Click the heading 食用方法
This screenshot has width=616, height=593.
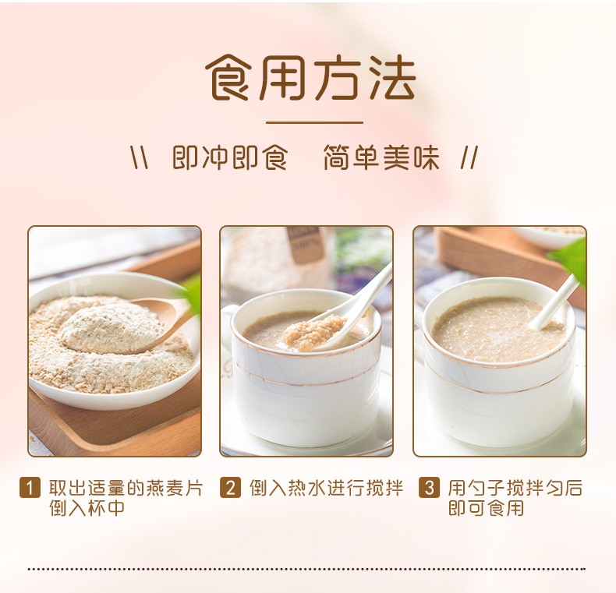(x=310, y=77)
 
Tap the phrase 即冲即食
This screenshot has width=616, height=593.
(x=230, y=157)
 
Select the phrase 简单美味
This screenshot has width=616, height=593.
(x=381, y=157)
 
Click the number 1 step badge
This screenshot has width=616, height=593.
(x=30, y=487)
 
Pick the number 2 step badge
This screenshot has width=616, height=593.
(x=230, y=487)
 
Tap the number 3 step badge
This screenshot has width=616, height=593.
(x=429, y=487)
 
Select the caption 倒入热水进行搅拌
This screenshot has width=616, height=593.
(x=327, y=488)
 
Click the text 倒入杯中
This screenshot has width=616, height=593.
(x=87, y=507)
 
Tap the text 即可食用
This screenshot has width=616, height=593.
(x=487, y=507)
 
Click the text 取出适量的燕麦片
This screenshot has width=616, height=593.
(x=126, y=488)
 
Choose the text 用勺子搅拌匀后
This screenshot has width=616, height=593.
(x=515, y=488)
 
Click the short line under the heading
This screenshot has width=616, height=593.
(x=314, y=122)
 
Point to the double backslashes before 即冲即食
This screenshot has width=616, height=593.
(x=140, y=157)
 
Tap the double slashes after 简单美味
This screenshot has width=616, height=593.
(x=469, y=157)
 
